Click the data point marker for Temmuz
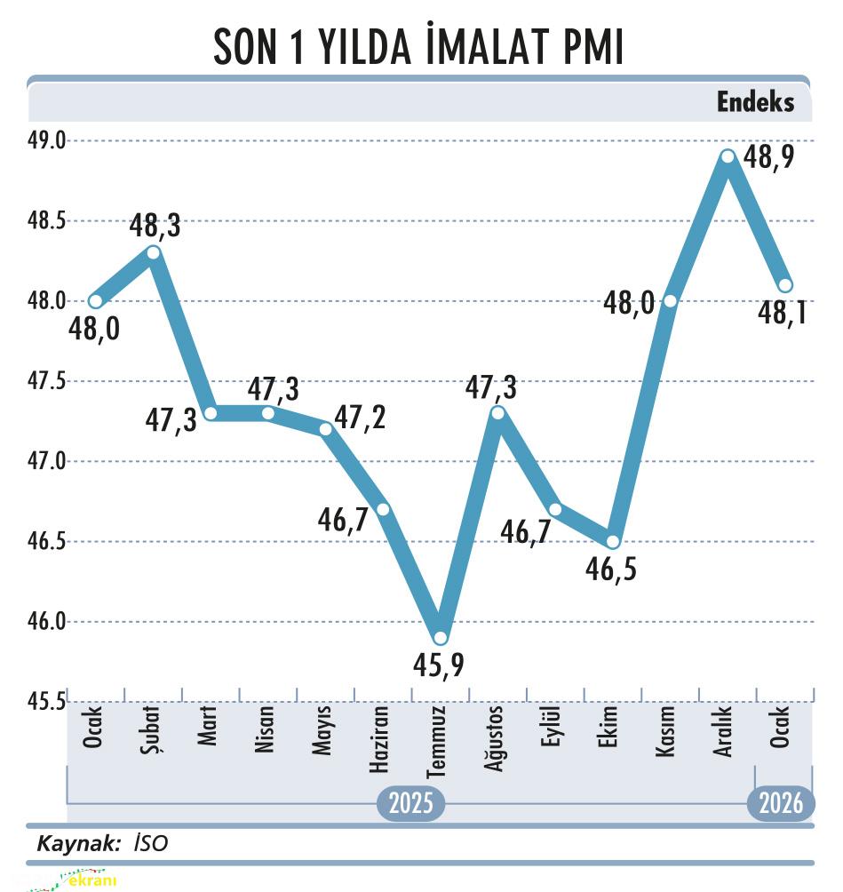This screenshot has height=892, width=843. [440, 637]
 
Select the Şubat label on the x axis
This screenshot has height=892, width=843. [152, 729]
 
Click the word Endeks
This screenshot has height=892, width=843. [755, 102]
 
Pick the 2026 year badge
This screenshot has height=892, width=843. [781, 804]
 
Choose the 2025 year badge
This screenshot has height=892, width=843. [410, 804]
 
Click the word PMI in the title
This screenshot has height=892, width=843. [593, 48]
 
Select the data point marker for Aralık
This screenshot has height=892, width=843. [728, 156]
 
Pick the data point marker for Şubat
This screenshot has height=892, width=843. [153, 252]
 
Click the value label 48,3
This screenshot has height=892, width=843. [155, 226]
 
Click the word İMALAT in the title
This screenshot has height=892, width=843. [463, 48]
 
